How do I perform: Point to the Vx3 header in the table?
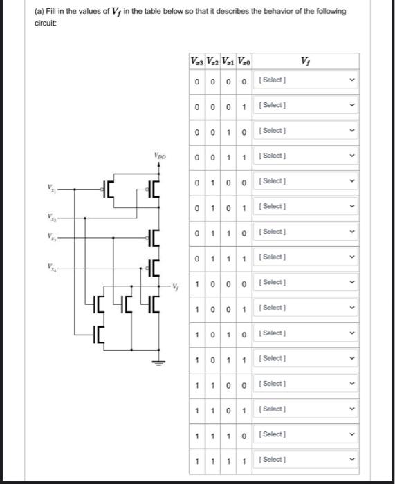point(197,64)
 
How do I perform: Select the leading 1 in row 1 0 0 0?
point(198,283)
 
